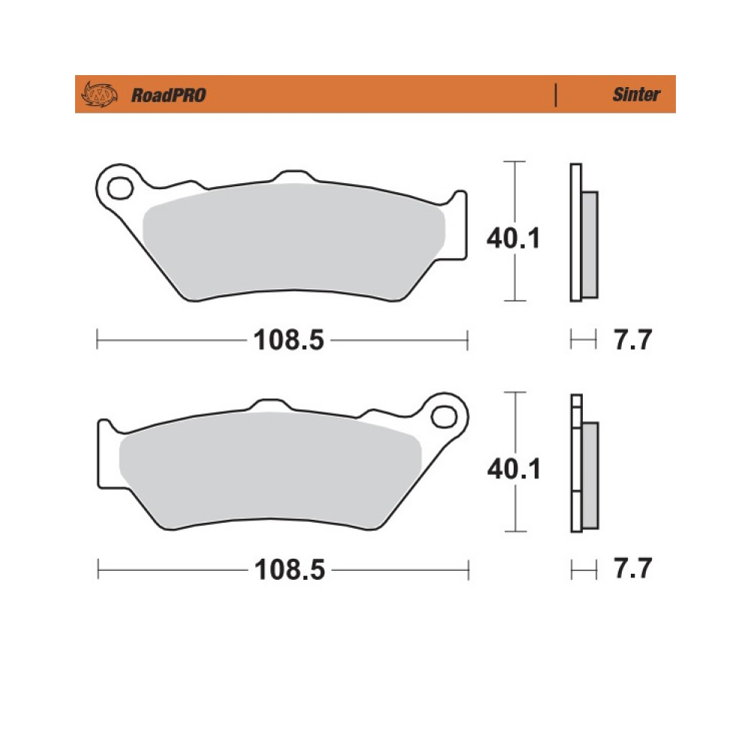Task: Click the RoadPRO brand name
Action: [168, 95]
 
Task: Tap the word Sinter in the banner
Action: [636, 95]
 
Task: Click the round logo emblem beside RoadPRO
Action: [100, 95]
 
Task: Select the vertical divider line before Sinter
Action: [556, 95]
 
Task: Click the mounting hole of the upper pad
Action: [119, 189]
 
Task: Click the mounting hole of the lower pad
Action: [444, 417]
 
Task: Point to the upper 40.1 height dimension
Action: [513, 238]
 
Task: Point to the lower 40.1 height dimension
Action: [514, 469]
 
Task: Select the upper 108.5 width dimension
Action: [288, 340]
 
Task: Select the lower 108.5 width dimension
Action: [289, 570]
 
